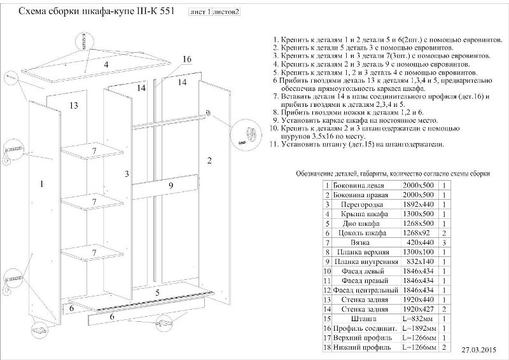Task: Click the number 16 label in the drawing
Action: [x=186, y=59]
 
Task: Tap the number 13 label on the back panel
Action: [x=73, y=106]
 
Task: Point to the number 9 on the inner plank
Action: [x=171, y=185]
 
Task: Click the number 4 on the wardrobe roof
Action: [x=106, y=65]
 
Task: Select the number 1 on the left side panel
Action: [x=41, y=184]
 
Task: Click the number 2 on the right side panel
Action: [x=209, y=160]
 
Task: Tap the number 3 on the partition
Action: [x=127, y=174]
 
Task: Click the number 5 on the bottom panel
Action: [x=157, y=293]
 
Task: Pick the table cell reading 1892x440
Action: [x=418, y=205]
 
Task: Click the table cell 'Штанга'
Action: [x=363, y=317]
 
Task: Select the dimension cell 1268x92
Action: [x=418, y=233]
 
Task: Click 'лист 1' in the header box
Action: [x=201, y=12]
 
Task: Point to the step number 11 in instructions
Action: [x=274, y=144]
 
